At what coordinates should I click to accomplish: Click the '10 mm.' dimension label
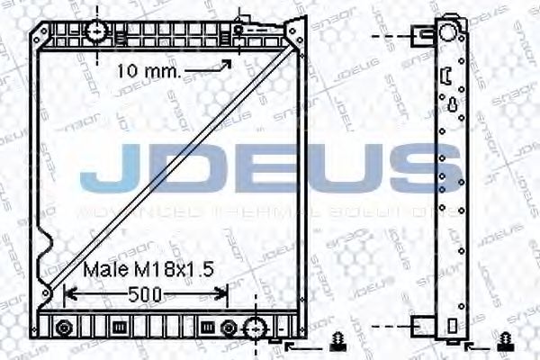coord(149,70)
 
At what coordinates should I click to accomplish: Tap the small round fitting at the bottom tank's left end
coord(63,326)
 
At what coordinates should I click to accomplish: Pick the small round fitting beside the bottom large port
coord(229,326)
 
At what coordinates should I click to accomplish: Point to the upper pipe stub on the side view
coord(423,36)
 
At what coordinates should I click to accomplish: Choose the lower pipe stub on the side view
coord(423,326)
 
